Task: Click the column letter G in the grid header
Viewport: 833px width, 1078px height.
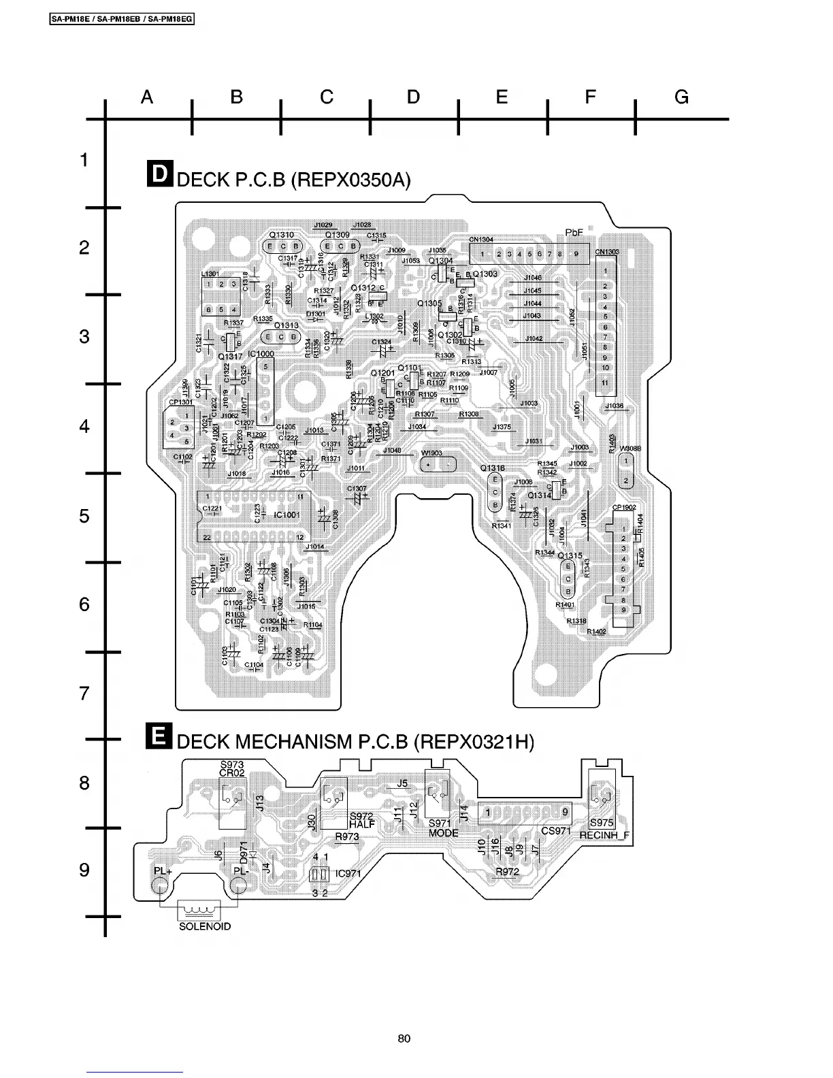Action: pos(681,97)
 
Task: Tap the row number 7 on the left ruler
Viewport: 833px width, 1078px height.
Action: pos(84,693)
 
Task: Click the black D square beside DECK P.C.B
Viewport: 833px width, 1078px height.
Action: pos(159,174)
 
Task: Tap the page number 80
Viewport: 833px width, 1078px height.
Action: pos(404,1039)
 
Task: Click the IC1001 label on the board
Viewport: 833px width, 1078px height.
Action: pos(287,514)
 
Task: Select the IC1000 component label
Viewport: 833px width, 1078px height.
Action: pos(261,354)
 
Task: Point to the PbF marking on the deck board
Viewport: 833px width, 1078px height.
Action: pos(574,233)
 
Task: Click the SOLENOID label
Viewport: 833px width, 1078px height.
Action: pos(205,926)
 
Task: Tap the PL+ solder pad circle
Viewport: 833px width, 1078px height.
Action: pos(160,885)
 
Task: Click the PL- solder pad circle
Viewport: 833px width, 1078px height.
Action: pos(238,885)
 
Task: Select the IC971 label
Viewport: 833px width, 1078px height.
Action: pos(348,874)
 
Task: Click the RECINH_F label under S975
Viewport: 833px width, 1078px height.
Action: pos(604,835)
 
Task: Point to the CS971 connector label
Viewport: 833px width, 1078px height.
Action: pos(556,831)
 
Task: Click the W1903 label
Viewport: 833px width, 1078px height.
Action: pos(431,453)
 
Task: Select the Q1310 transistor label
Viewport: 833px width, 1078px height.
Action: pos(281,235)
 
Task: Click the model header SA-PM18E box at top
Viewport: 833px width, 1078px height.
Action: pos(122,19)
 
